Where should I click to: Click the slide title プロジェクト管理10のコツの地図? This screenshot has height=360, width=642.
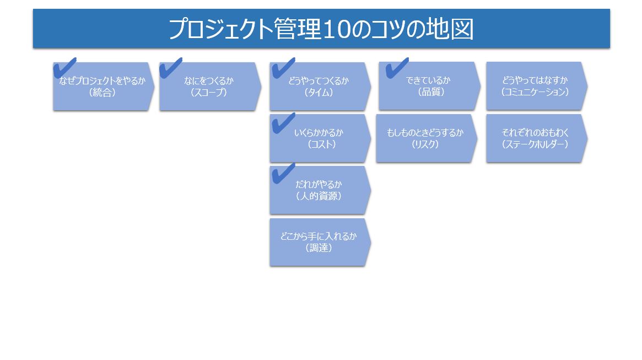321,29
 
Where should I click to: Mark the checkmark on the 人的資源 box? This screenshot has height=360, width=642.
283,174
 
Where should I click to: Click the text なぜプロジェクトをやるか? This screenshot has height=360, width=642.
102,81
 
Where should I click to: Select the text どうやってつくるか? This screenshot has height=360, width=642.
319,81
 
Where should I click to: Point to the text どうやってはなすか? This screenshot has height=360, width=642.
535,80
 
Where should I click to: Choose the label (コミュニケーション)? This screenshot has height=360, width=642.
535,92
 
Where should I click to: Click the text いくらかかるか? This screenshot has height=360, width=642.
319,133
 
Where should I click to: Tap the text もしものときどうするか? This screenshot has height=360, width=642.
425,133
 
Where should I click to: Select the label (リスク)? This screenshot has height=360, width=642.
425,144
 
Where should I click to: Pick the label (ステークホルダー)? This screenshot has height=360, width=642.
535,144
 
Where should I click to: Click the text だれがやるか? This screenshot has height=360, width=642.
319,184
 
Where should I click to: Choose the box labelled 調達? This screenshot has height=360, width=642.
319,242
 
